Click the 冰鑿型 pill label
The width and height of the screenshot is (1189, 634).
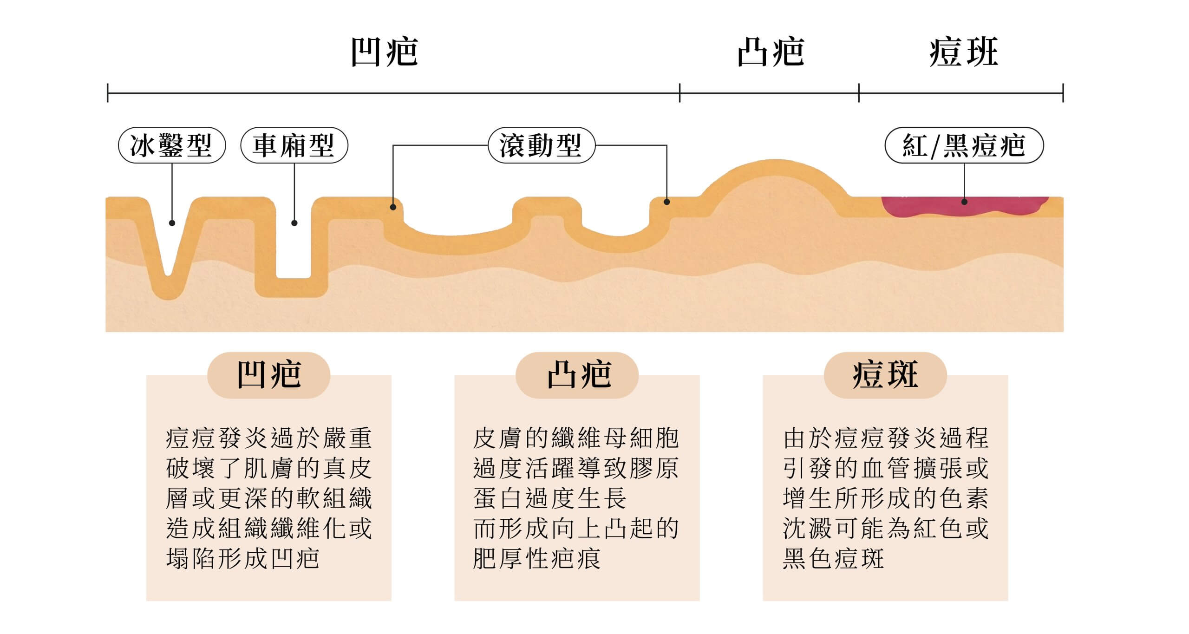pyautogui.click(x=171, y=145)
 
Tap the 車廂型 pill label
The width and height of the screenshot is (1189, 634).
pyautogui.click(x=294, y=145)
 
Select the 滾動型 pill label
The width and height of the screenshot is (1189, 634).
pyautogui.click(x=541, y=145)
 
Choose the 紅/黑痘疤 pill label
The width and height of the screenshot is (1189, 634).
pyautogui.click(x=964, y=145)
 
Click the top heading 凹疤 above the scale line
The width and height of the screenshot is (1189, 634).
pyautogui.click(x=385, y=52)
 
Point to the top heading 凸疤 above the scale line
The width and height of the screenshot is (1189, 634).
pyautogui.click(x=771, y=52)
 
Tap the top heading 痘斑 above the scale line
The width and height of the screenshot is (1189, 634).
pyautogui.click(x=963, y=52)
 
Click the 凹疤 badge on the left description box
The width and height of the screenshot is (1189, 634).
pyautogui.click(x=268, y=375)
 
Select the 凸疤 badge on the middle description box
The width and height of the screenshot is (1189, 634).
pyautogui.click(x=577, y=375)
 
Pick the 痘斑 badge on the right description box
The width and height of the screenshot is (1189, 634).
pyautogui.click(x=885, y=375)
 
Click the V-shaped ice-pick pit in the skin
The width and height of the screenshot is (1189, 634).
pyautogui.click(x=169, y=251)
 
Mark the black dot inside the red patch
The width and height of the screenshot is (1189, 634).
pyautogui.click(x=964, y=202)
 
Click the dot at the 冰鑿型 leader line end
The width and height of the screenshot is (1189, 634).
pyautogui.click(x=172, y=223)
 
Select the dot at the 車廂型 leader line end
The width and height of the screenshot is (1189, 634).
pyautogui.click(x=294, y=223)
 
